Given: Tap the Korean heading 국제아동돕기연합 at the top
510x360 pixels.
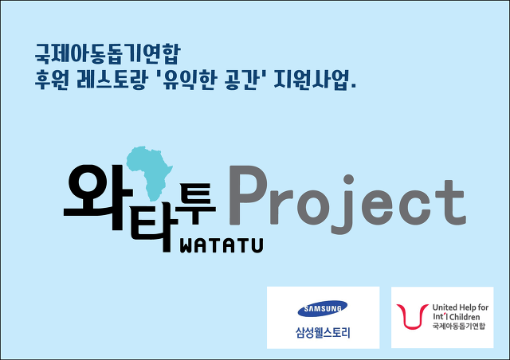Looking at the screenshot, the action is coord(108,53).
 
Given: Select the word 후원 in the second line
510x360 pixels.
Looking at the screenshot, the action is coord(51,80).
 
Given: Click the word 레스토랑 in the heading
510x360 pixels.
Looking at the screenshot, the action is coord(112,80).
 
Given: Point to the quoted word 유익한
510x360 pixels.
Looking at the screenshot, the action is coord(190,80).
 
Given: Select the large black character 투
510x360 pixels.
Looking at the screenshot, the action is coord(195,204).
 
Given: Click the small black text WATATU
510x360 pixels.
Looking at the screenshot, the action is coord(222,245).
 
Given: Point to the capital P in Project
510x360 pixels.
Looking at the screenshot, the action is coord(248,195).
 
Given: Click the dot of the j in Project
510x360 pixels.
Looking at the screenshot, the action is coord(348,179).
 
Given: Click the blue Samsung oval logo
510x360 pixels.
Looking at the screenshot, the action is coord(323,308).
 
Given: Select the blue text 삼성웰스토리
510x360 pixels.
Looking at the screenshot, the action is coord(323,333).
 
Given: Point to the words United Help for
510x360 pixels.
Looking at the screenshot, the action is coord(461,307).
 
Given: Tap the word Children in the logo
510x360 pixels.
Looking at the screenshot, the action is coord(465,317).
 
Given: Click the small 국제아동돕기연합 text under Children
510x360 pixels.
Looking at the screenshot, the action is coord(459,326).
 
